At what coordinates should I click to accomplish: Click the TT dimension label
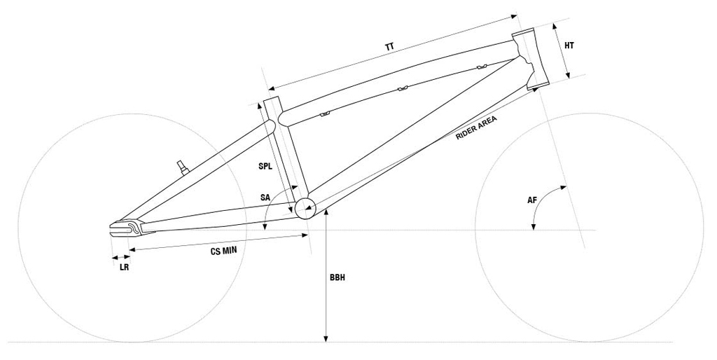click(389, 47)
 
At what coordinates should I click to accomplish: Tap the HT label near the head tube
click(569, 46)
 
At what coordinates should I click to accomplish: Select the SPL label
click(265, 167)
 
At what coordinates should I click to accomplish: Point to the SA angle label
click(265, 198)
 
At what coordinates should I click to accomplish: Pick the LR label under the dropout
click(125, 267)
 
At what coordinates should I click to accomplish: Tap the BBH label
click(337, 277)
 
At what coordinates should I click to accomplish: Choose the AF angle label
click(532, 200)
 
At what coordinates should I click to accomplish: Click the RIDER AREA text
click(476, 128)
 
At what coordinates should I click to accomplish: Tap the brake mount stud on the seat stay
click(183, 165)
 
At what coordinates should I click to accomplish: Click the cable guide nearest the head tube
click(480, 67)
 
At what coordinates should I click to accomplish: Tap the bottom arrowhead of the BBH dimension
click(326, 339)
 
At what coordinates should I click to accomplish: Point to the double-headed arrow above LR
click(120, 258)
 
